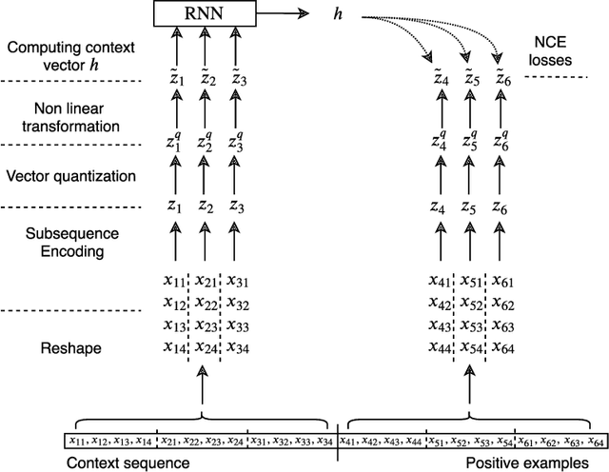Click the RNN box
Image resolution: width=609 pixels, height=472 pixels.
(204, 14)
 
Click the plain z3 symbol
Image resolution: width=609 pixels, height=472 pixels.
(237, 207)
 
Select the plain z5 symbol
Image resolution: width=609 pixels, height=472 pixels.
(471, 207)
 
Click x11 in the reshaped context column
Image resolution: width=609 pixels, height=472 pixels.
(174, 282)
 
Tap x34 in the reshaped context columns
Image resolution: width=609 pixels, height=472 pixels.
(237, 347)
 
